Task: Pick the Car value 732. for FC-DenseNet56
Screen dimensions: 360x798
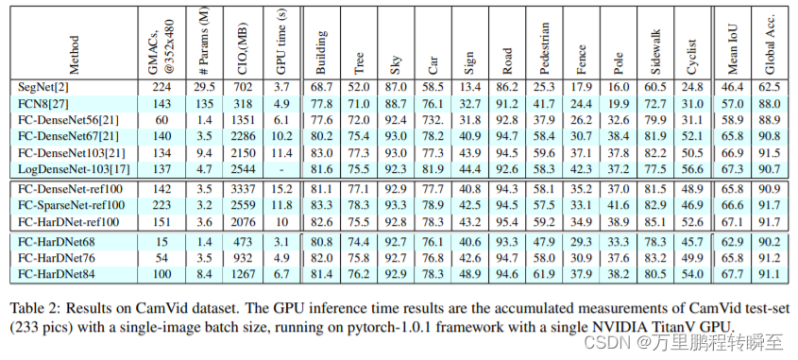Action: [x=433, y=120]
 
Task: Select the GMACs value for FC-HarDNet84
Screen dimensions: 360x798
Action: [x=162, y=274]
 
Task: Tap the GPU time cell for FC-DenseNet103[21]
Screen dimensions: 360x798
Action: [x=280, y=152]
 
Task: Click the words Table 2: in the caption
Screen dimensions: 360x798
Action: [x=32, y=309]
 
